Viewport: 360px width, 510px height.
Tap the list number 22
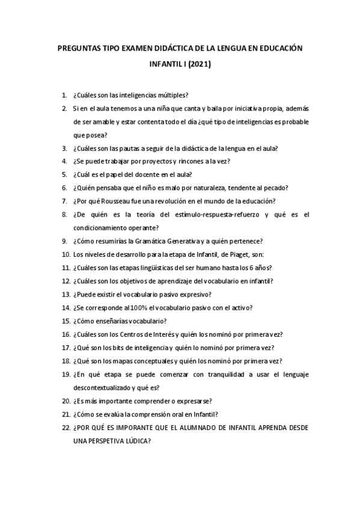[66, 428]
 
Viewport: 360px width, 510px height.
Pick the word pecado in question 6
[276, 188]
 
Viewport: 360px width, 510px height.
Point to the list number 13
[66, 295]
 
